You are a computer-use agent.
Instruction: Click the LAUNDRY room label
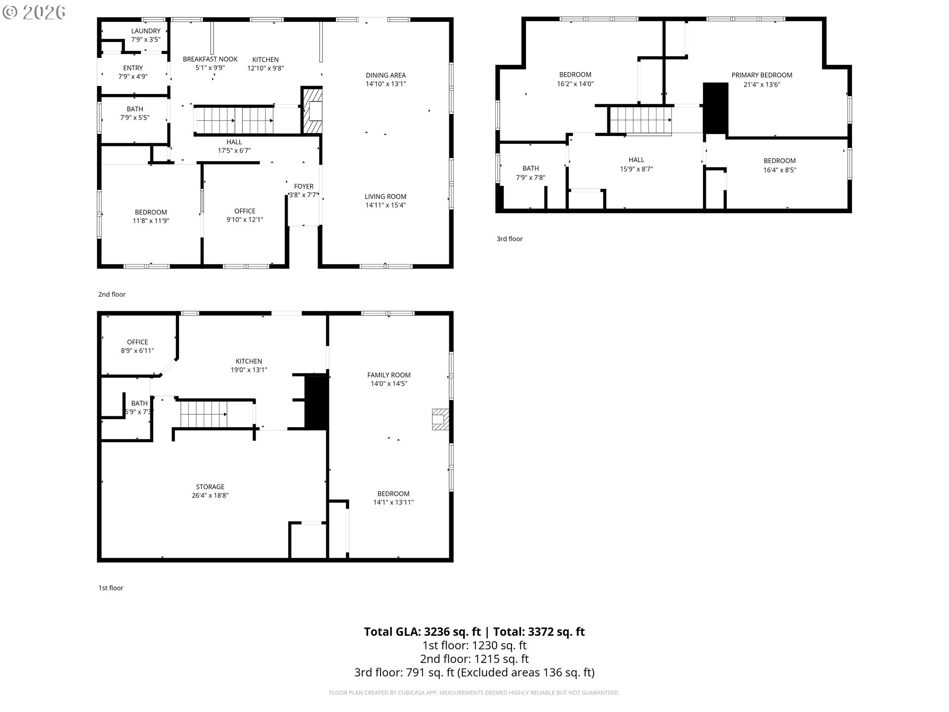click(x=146, y=31)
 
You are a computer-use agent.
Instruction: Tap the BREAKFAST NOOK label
click(x=210, y=59)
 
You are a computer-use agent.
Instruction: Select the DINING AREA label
click(x=386, y=75)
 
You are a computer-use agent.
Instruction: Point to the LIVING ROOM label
click(x=386, y=196)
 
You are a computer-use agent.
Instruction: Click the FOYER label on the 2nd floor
click(x=303, y=186)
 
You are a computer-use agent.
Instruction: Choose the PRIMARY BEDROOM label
click(x=762, y=75)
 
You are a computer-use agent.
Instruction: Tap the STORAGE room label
click(x=210, y=487)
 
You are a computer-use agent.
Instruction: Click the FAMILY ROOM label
click(x=389, y=375)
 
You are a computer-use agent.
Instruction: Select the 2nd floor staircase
click(x=235, y=120)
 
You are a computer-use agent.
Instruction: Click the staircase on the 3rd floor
click(x=641, y=120)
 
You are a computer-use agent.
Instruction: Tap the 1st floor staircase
click(x=203, y=414)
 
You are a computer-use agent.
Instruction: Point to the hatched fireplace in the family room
click(x=440, y=419)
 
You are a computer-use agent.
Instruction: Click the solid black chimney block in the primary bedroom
click(x=715, y=108)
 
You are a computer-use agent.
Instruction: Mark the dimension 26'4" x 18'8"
click(x=210, y=495)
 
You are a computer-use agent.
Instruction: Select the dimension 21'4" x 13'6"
click(x=762, y=84)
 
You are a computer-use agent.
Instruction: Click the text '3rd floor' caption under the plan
click(x=510, y=239)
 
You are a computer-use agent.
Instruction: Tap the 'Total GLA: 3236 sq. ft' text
click(x=422, y=631)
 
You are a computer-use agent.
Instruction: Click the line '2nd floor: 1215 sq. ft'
click(x=474, y=659)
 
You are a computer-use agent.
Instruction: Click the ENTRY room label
click(x=133, y=68)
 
